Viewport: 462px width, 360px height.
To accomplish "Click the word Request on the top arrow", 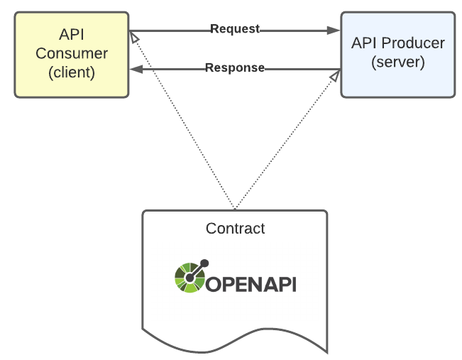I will [x=235, y=29].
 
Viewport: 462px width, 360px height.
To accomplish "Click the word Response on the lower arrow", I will [x=234, y=68].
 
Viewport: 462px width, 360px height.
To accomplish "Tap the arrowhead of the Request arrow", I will [x=333, y=31].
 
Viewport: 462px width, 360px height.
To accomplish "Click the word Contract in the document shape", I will [x=235, y=229].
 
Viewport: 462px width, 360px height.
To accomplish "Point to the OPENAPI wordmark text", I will [x=251, y=285].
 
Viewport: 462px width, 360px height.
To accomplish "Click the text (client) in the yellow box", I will [x=72, y=72].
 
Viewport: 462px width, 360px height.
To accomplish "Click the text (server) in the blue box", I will [x=397, y=62].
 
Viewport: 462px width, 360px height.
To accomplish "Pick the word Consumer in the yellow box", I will [x=72, y=53].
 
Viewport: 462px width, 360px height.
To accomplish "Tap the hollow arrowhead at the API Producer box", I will [x=334, y=75].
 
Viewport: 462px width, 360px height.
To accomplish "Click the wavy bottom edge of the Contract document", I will [x=235, y=334].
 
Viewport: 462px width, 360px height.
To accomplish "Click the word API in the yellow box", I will [x=72, y=35].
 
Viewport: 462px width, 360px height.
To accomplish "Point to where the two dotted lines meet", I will [x=235, y=209].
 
